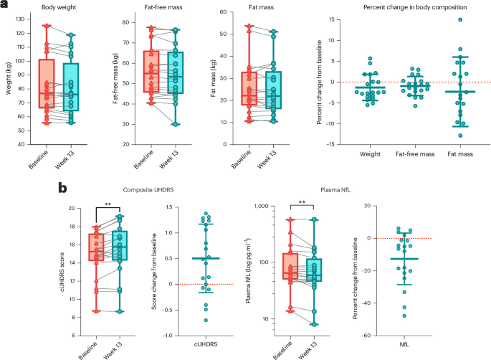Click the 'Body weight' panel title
click(59, 7)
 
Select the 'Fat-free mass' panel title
click(163, 7)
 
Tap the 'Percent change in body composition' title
click(415, 7)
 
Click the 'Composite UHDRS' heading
click(148, 190)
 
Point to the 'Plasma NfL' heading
click(335, 190)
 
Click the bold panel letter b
click(62, 188)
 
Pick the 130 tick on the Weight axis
click(20, 19)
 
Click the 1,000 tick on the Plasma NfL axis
click(262, 206)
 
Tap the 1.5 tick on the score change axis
click(168, 207)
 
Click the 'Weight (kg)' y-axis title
click(8, 78)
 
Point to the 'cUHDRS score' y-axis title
click(62, 272)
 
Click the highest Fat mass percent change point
click(460, 19)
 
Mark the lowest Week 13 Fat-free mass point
click(176, 124)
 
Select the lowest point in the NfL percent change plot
click(404, 316)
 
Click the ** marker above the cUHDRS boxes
click(108, 205)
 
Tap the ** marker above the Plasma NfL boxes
click(302, 202)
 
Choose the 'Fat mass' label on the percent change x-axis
click(460, 154)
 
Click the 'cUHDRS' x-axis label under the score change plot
click(206, 344)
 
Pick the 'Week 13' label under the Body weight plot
click(65, 159)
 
